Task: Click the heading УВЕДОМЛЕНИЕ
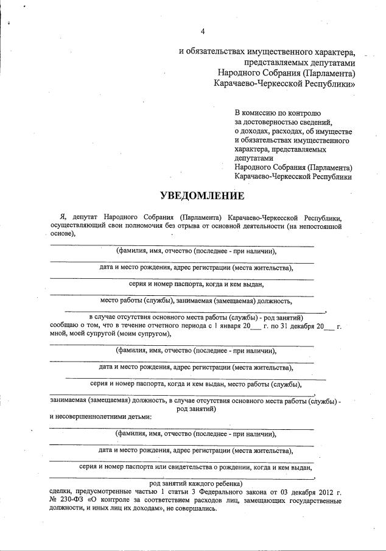[202, 195]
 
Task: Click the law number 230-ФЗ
[73, 500]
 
